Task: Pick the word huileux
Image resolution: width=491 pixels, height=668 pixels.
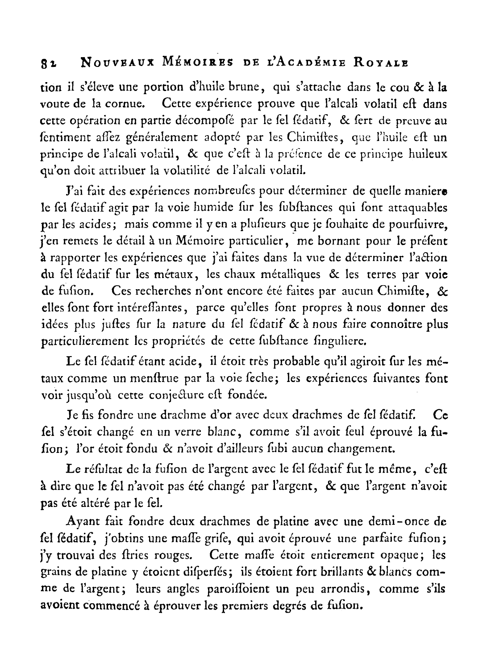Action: pyautogui.click(x=427, y=154)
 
